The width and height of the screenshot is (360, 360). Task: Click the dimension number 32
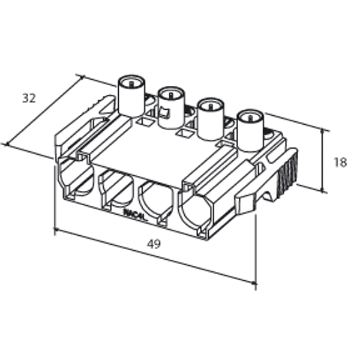coord(28,98)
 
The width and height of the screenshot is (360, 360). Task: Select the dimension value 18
coord(340,162)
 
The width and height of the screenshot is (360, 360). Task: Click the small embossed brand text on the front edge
coord(134,212)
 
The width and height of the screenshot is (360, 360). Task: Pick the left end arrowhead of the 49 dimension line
coord(56,229)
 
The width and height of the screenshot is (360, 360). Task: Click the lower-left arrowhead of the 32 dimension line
coord(7,144)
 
